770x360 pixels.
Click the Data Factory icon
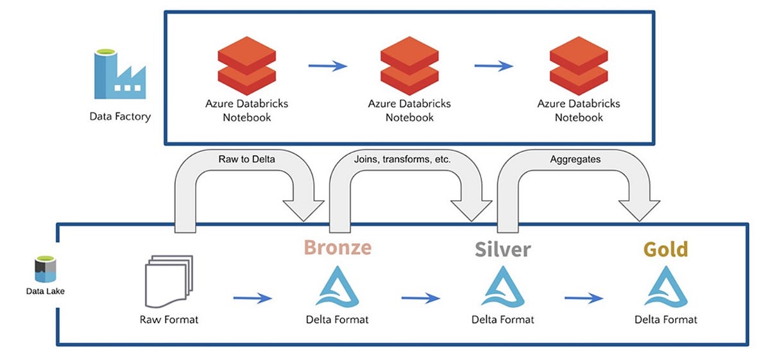[120, 74]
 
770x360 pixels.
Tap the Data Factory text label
[120, 117]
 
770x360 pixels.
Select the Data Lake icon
[46, 269]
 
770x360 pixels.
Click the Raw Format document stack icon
[169, 281]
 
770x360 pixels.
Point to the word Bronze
[338, 247]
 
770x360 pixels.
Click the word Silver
[502, 249]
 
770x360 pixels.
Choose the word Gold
[665, 249]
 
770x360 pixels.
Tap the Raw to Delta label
[246, 159]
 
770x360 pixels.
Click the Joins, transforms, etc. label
[402, 159]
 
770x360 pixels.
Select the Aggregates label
[575, 159]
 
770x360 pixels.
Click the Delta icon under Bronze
[338, 286]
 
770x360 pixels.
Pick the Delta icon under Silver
[502, 286]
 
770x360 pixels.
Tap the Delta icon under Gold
[666, 286]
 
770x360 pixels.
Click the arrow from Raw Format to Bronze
[253, 298]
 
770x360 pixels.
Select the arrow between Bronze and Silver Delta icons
[421, 298]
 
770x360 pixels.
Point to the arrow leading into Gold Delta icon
[584, 298]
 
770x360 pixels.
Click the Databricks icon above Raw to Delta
[247, 65]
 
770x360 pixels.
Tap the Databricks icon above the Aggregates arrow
[579, 65]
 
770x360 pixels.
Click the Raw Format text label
[169, 320]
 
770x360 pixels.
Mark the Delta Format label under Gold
[666, 320]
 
